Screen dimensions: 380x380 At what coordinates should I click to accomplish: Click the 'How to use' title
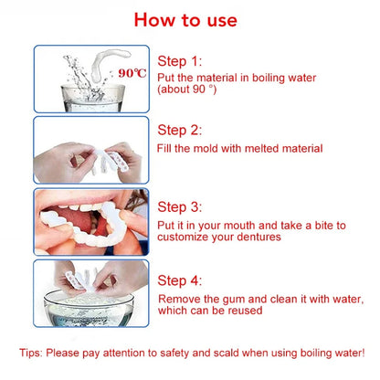point(190,19)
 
